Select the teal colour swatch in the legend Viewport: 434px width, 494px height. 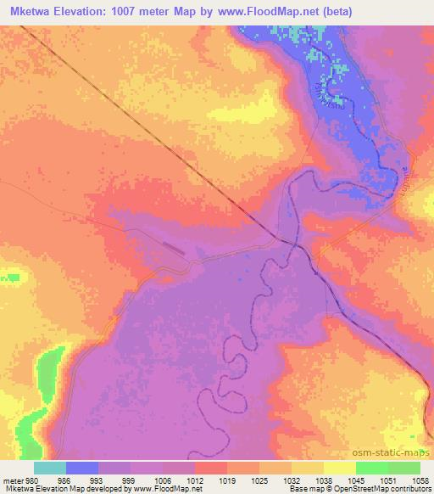tap(50, 468)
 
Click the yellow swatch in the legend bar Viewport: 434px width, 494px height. tap(340, 468)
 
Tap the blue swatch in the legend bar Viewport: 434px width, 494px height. tap(82, 468)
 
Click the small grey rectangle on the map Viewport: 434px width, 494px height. tap(173, 247)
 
